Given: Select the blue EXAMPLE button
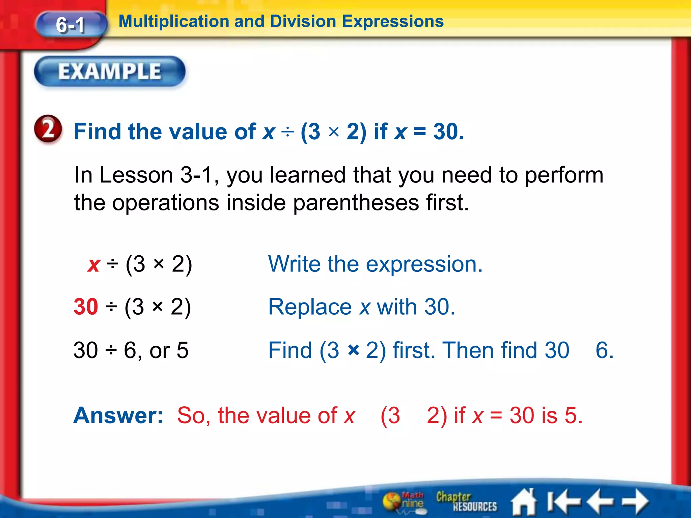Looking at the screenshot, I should click(x=110, y=71).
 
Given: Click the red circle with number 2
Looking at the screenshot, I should click(x=48, y=130).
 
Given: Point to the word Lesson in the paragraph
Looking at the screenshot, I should click(x=136, y=175).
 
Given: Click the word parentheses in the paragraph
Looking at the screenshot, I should click(x=356, y=203).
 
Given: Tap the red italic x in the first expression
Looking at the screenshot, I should click(x=94, y=264).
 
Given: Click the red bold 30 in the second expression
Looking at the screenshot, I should click(x=86, y=307).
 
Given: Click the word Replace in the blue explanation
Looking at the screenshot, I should click(x=310, y=307).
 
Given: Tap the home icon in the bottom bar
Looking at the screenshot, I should click(x=524, y=502).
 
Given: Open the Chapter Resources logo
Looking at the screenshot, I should click(x=466, y=502).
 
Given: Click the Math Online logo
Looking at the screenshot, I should click(x=404, y=502).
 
